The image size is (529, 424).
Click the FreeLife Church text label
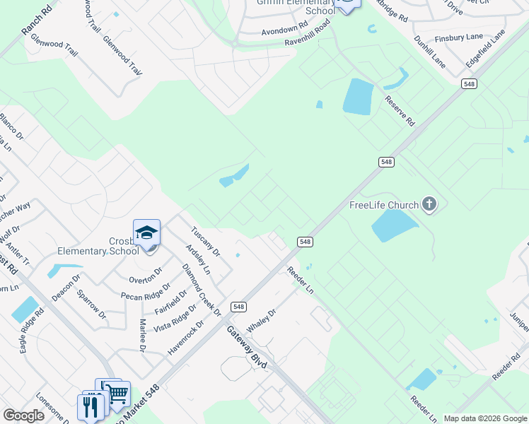[x=384, y=206]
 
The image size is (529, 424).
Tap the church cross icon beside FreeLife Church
[x=429, y=205]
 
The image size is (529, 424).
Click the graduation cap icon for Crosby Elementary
[x=146, y=232]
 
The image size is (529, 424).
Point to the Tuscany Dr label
[x=206, y=242]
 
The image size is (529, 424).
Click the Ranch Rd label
[x=37, y=22]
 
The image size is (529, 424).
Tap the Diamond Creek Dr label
[x=202, y=289]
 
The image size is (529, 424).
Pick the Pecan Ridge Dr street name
[x=146, y=291]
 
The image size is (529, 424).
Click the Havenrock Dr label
[x=185, y=338]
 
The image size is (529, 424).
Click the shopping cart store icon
[x=118, y=392]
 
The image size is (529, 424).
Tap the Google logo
[x=23, y=416]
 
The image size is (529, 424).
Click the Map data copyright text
[x=484, y=418]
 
